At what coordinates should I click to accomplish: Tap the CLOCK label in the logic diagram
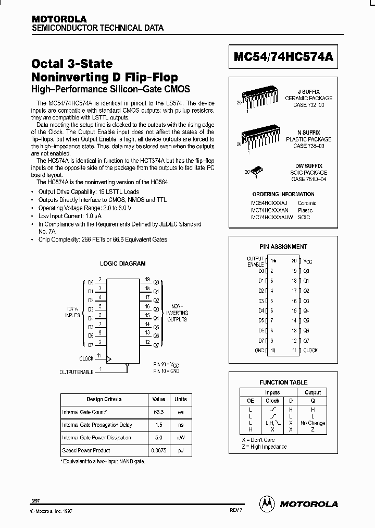(86, 358)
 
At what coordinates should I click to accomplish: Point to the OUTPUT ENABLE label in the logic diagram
(76, 372)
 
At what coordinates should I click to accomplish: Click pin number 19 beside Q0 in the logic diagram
(148, 279)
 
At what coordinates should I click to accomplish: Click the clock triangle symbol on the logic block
(109, 359)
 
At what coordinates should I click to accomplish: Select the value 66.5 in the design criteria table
(158, 412)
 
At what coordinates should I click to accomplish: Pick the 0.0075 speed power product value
(158, 450)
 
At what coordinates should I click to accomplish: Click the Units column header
(180, 400)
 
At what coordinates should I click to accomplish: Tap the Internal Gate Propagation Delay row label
(97, 425)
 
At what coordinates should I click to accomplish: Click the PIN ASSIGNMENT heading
(283, 247)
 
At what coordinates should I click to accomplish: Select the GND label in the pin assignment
(258, 351)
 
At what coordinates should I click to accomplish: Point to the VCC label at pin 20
(308, 260)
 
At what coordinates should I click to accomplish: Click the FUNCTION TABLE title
(283, 382)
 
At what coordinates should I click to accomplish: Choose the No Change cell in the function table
(312, 423)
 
